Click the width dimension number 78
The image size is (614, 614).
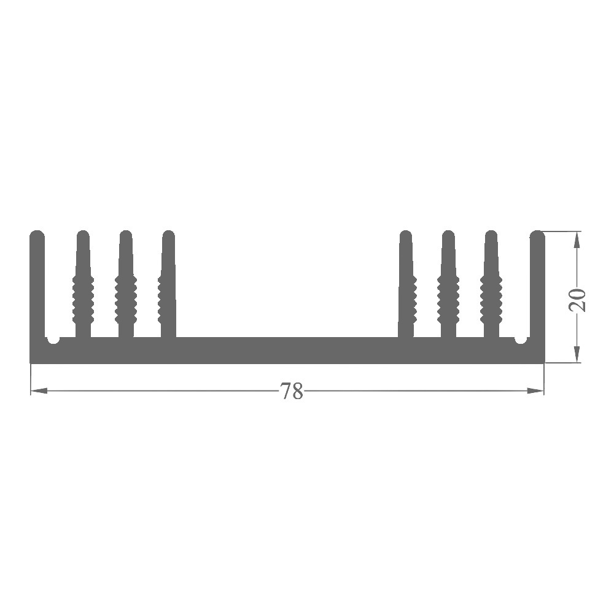tap(292, 391)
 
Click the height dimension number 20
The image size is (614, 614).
tap(577, 300)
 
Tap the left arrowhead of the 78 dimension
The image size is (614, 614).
tap(39, 391)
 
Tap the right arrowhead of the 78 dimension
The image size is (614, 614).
tap(535, 391)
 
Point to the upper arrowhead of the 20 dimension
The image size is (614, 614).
tap(577, 239)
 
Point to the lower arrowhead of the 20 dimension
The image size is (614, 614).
tap(577, 354)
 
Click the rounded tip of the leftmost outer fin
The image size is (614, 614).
tap(37, 233)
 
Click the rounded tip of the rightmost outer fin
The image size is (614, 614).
tap(537, 233)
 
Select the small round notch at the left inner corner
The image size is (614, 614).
tap(53, 340)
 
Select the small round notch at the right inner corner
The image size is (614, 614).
tap(521, 340)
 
